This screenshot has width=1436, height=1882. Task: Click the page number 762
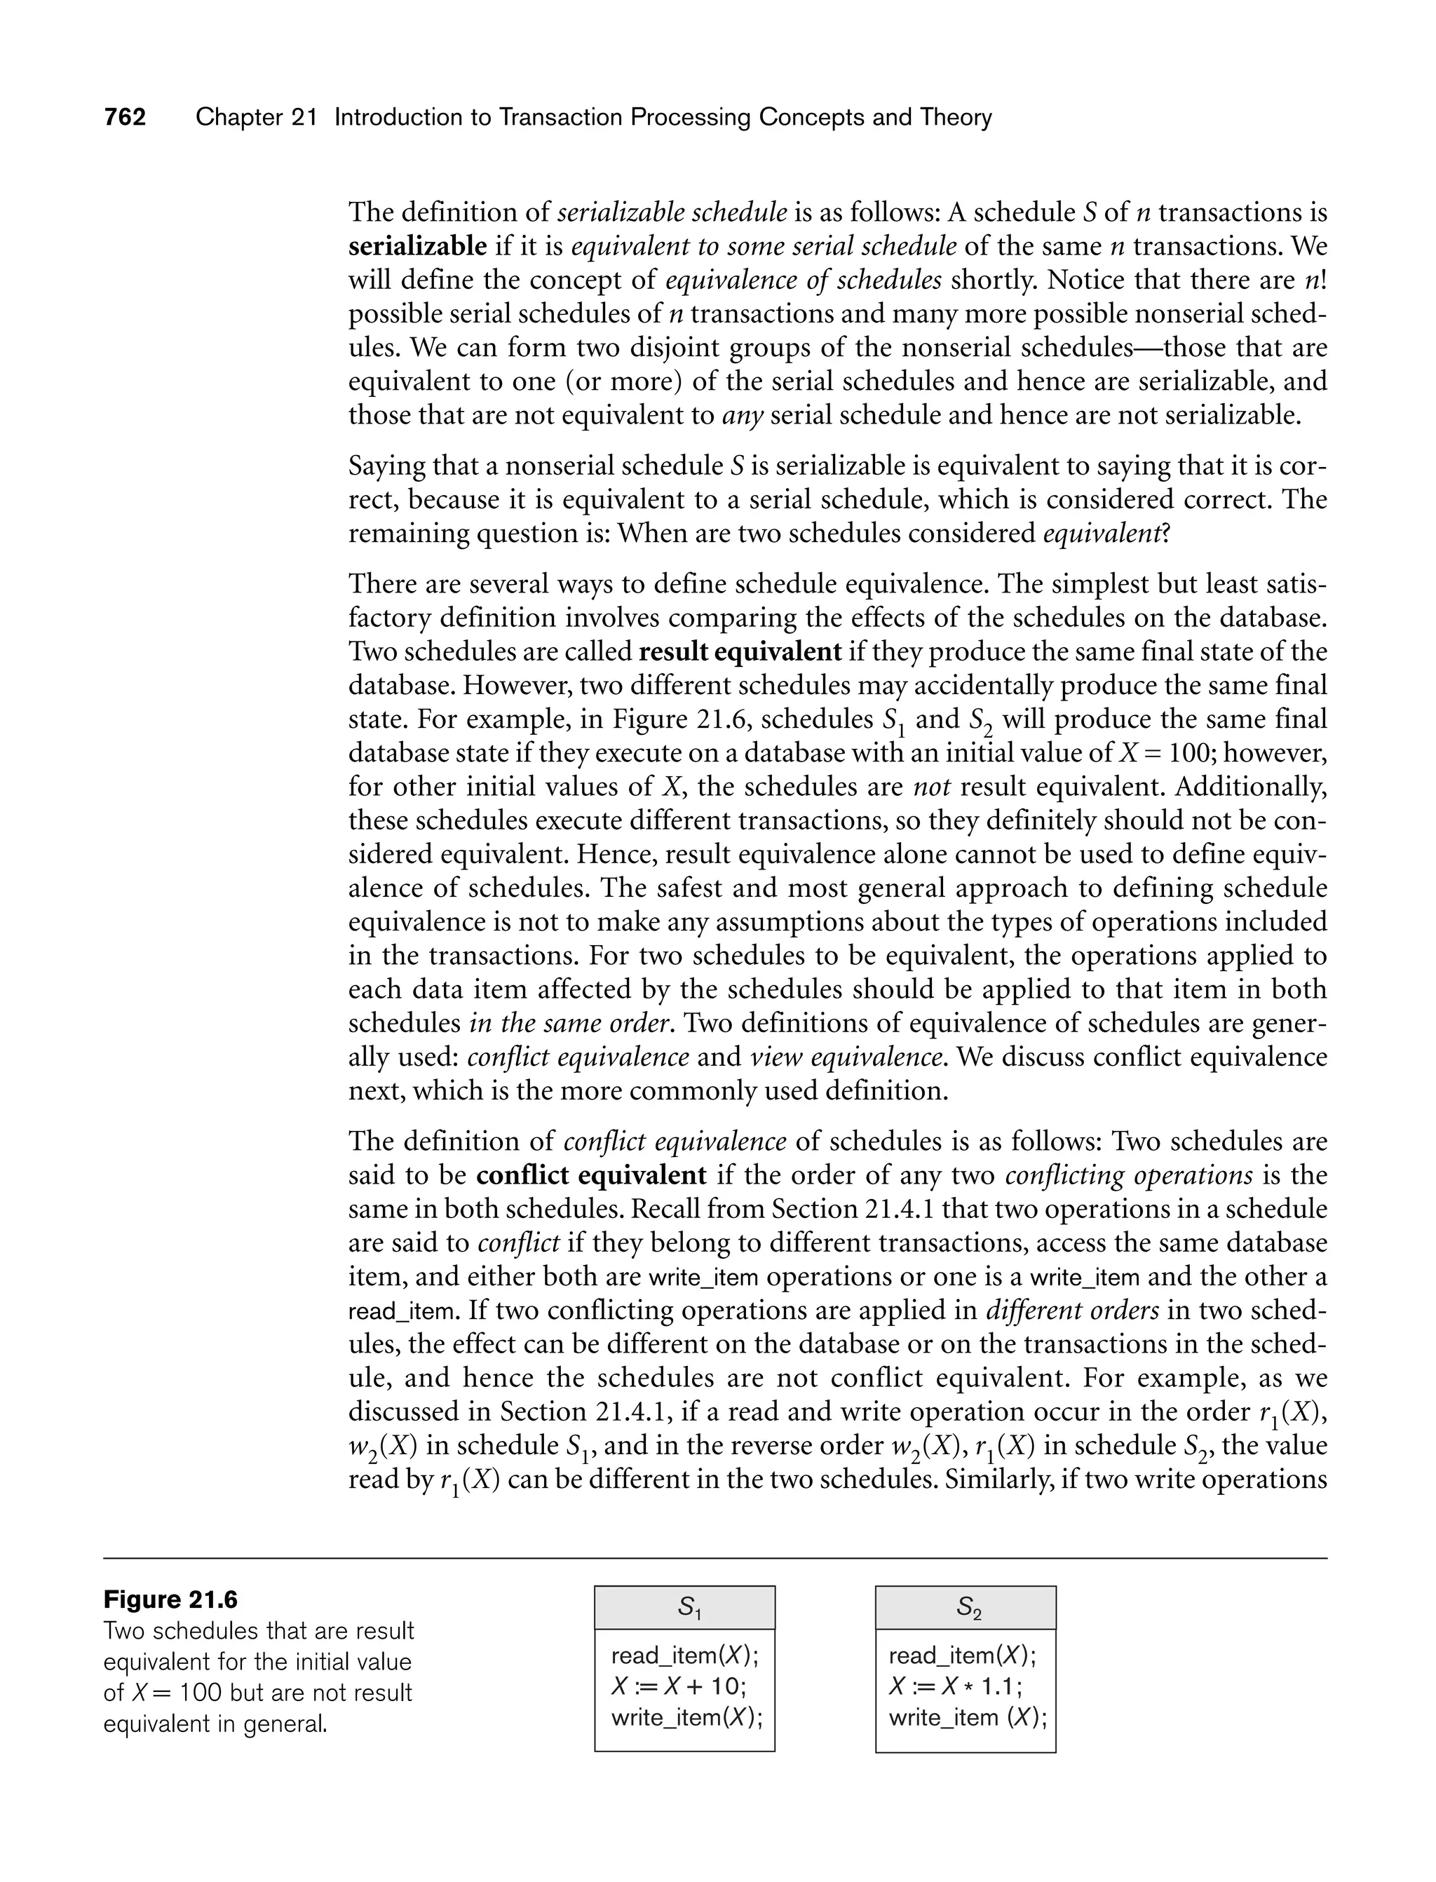tap(125, 117)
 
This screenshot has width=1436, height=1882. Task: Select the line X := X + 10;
tap(679, 1686)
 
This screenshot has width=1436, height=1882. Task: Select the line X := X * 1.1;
tap(955, 1686)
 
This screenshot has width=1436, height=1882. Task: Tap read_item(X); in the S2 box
tap(961, 1656)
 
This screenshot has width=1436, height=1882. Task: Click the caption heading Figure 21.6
tap(170, 1600)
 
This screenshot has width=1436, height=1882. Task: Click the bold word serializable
tap(417, 246)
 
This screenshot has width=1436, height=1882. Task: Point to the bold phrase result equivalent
tap(740, 652)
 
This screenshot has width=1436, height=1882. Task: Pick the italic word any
tap(742, 415)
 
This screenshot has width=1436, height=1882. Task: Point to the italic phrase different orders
tap(1073, 1311)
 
